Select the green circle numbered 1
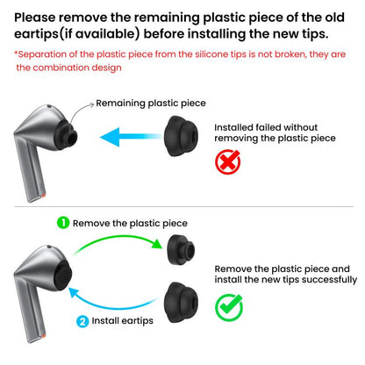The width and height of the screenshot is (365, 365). (62, 223)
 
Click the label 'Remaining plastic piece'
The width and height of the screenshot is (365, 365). (150, 103)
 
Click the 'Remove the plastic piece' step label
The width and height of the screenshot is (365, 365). (129, 223)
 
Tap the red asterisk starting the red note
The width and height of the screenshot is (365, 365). (16, 54)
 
